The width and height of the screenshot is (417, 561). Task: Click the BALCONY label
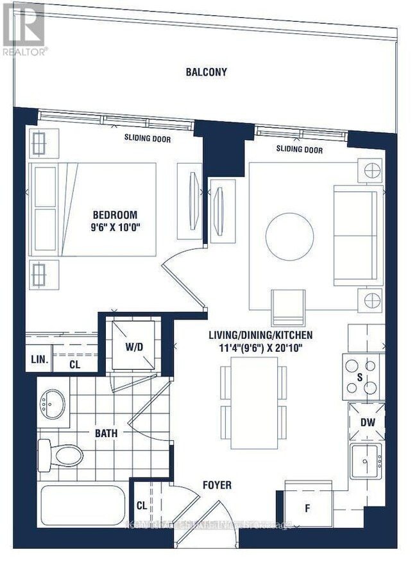(x=207, y=72)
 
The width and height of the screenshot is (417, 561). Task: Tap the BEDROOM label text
(x=115, y=215)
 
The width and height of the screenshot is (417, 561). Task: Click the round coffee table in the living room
(x=289, y=237)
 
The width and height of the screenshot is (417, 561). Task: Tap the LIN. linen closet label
(x=39, y=360)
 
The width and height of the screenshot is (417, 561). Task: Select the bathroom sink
(x=53, y=404)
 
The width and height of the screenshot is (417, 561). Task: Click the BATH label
(x=106, y=433)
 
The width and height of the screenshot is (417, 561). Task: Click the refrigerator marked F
(x=307, y=507)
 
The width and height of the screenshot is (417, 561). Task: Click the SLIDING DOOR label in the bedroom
(x=148, y=138)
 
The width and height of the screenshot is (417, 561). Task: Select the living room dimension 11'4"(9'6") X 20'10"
(x=260, y=347)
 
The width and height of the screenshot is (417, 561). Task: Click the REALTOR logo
(x=24, y=29)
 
